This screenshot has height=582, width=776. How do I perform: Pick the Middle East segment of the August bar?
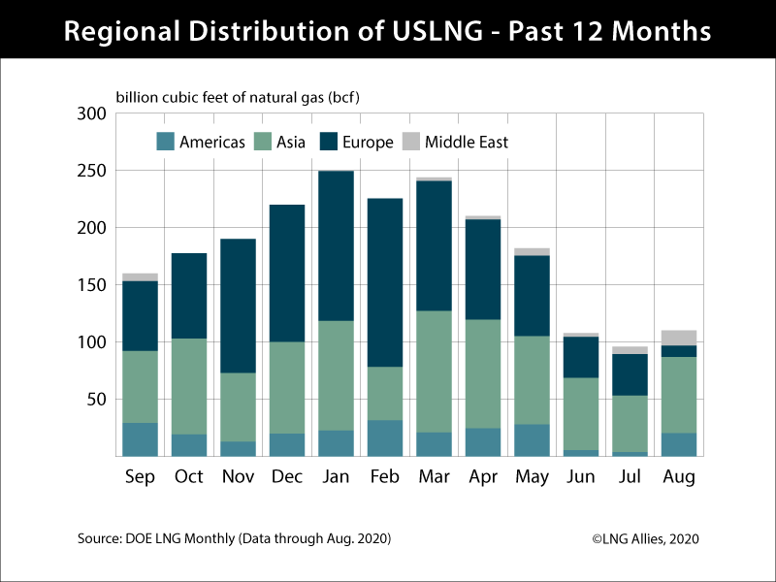click(679, 338)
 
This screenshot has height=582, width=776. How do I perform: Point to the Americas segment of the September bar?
click(141, 438)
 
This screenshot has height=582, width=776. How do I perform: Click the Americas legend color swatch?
click(165, 143)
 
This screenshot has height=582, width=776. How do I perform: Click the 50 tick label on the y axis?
click(94, 399)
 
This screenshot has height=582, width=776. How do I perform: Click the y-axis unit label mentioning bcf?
click(239, 97)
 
